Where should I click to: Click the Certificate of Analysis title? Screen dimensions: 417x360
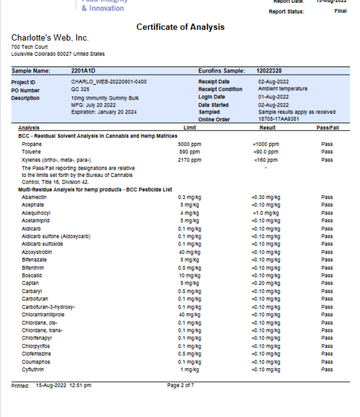[x=180, y=27]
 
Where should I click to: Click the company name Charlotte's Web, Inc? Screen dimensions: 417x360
[x=50, y=38]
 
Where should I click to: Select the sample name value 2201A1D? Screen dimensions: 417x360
[x=83, y=71]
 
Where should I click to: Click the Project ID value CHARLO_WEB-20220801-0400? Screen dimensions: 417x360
[x=109, y=82]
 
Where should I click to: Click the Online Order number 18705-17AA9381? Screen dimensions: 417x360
[x=278, y=119]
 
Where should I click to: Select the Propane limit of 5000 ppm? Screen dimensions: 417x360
[x=190, y=144]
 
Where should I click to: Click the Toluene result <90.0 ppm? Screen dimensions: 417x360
[x=265, y=152]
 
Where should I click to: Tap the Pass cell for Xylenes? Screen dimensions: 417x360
[x=327, y=160]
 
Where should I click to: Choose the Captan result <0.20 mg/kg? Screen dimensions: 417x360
[x=265, y=284]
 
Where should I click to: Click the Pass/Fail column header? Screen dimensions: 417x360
[x=327, y=127]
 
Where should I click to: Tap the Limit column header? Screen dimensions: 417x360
[x=190, y=127]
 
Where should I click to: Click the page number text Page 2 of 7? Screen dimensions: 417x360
[x=180, y=385]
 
